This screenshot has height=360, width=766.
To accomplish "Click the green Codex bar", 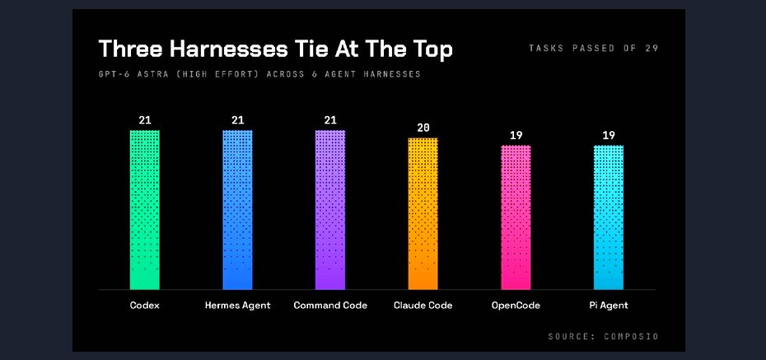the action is (x=145, y=210).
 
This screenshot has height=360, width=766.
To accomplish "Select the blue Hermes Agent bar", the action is (x=237, y=210).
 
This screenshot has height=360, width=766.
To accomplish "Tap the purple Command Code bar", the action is (x=330, y=210).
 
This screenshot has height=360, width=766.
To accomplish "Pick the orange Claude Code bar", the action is (x=423, y=214).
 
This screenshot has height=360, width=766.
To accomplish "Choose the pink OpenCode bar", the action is (x=516, y=217).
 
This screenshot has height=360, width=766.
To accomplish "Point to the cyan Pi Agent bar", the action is (x=609, y=217).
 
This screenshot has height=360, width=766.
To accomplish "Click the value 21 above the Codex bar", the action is (x=145, y=120).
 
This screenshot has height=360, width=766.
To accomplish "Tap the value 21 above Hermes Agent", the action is (x=237, y=120).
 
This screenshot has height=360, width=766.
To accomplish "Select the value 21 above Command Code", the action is (x=330, y=120).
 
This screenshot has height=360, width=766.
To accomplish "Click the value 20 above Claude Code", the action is (x=423, y=128).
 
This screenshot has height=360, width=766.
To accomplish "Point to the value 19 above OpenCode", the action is (x=516, y=135).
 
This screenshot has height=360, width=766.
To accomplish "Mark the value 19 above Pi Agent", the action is (x=609, y=135).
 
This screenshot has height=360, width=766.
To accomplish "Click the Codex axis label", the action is (x=145, y=306).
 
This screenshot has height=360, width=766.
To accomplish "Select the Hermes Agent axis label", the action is (x=237, y=306).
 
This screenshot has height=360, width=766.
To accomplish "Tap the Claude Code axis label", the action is (x=423, y=306).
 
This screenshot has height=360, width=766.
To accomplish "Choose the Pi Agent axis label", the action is (x=609, y=306).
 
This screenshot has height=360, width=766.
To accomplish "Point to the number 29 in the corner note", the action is (x=652, y=48).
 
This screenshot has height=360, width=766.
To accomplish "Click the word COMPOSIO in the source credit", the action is (x=631, y=337).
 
